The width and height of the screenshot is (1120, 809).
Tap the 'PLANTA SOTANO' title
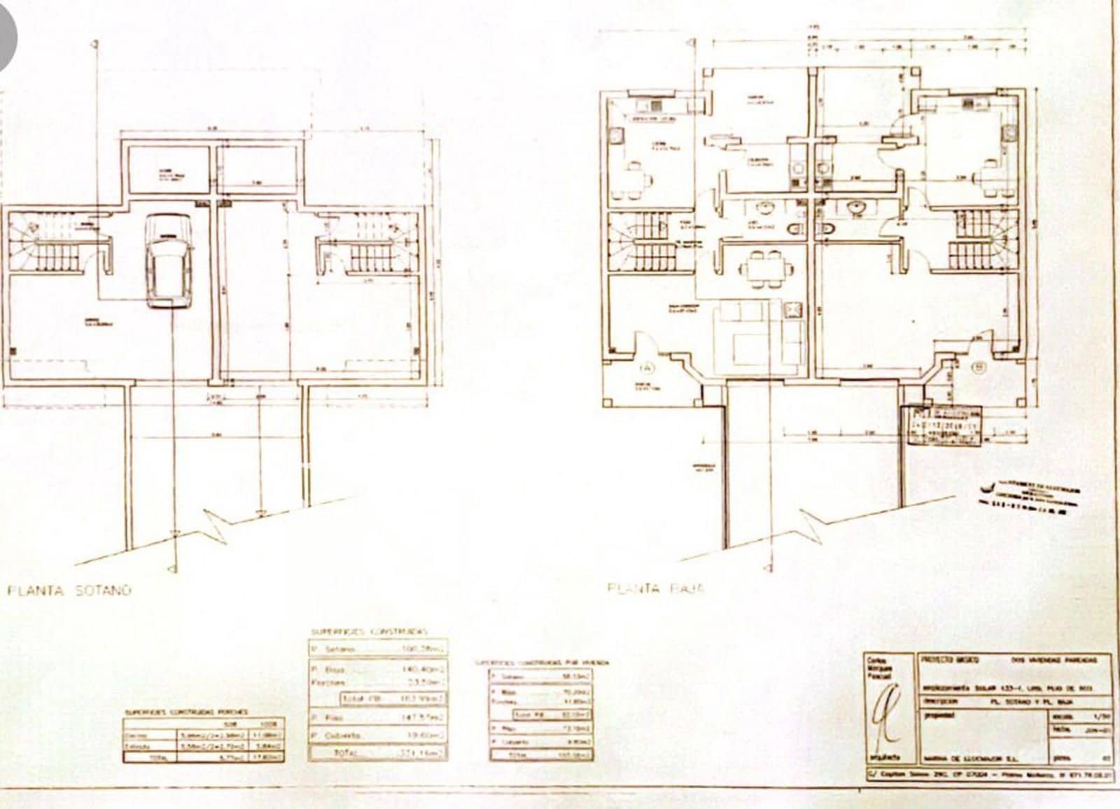(x=69, y=590)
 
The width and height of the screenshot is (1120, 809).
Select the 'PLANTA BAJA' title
(x=656, y=589)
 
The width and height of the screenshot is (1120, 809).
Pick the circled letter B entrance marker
(x=979, y=366)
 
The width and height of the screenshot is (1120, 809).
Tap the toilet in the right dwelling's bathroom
(x=827, y=229)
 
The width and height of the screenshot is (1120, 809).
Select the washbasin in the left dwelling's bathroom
(x=766, y=208)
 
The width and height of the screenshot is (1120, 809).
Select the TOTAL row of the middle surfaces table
(x=378, y=753)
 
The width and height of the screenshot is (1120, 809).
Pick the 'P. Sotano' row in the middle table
(x=378, y=649)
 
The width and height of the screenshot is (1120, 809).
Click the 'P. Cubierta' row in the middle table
(x=378, y=736)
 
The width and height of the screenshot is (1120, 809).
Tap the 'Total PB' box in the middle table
(x=393, y=698)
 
